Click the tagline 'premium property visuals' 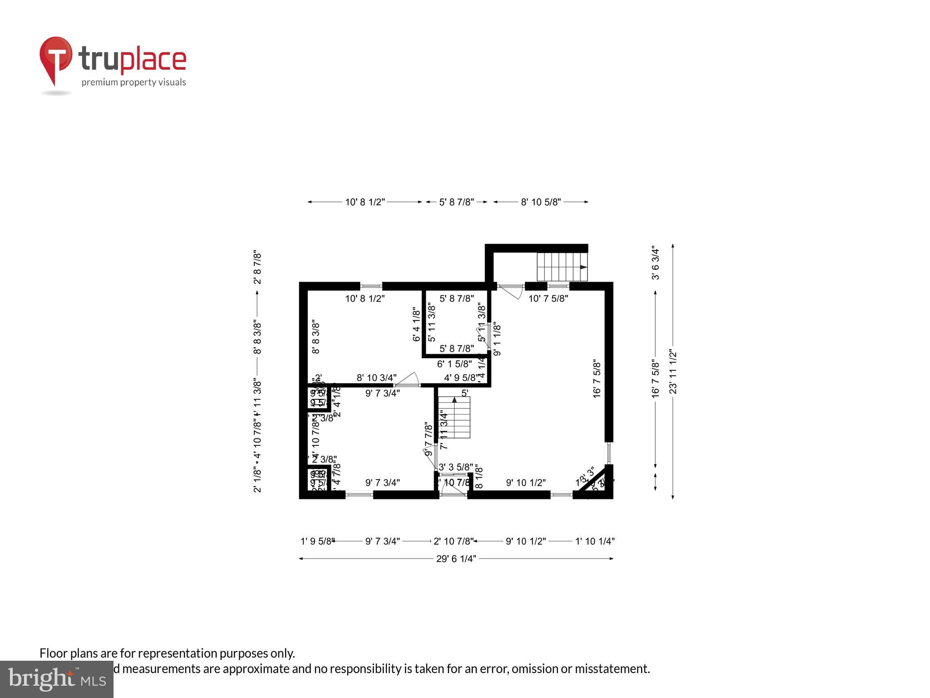coord(134,82)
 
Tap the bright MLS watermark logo coord(57,679)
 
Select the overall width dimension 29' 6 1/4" coord(456,559)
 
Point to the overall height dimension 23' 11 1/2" coord(673,372)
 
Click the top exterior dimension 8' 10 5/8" coord(541,202)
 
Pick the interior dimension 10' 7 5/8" coord(548,299)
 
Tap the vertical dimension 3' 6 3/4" coord(655,263)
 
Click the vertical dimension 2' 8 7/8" coord(257,267)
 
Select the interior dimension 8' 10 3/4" coord(376,378)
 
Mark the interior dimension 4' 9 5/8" coord(460,378)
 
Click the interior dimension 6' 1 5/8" coord(454,364)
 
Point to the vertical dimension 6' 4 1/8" coord(416,324)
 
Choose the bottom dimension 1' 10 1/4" coord(595,541)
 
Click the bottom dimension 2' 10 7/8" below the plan coord(453,541)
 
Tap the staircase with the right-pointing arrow coord(562,267)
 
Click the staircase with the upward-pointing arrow coord(455,417)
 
